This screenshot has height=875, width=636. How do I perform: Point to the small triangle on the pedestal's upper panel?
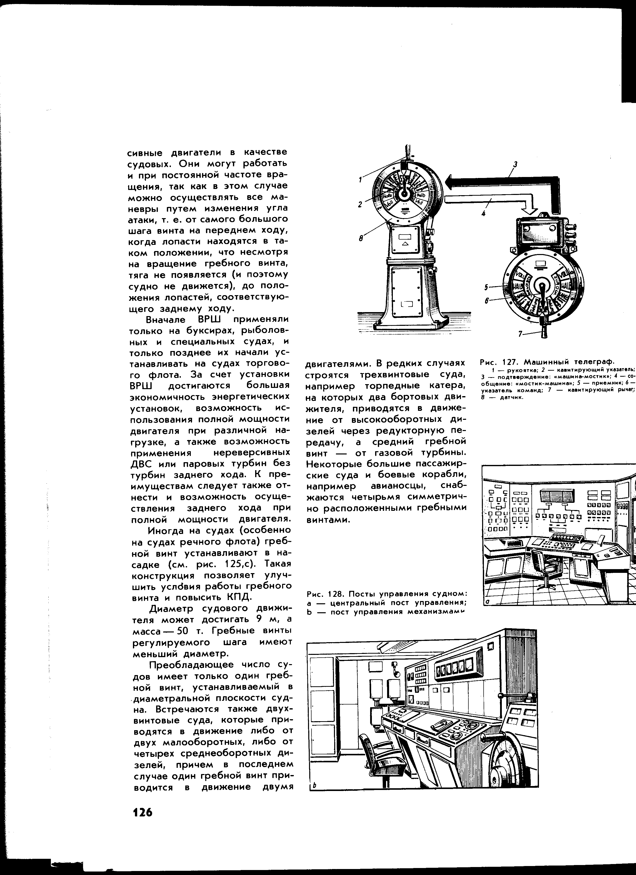pyautogui.click(x=405, y=244)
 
